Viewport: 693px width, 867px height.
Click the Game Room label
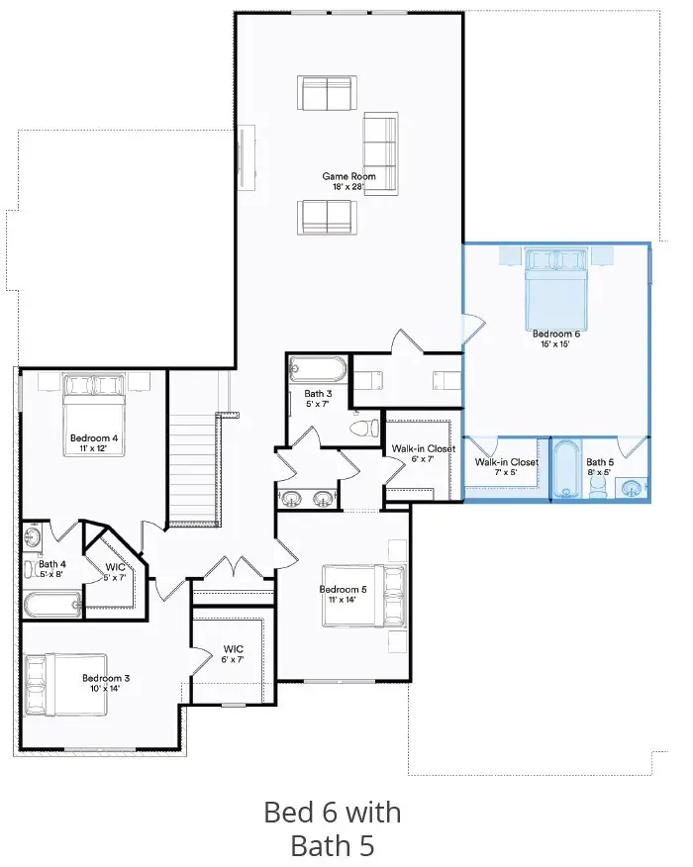click(x=346, y=176)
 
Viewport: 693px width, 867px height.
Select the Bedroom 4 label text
click(x=94, y=437)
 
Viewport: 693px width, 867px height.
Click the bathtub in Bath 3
click(x=318, y=371)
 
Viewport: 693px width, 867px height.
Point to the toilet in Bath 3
click(x=366, y=429)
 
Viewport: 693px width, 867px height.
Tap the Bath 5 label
click(x=599, y=462)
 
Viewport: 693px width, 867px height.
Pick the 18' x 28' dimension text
click(x=346, y=186)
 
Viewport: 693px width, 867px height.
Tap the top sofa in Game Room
click(x=326, y=93)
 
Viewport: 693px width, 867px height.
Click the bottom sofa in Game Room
click(x=326, y=216)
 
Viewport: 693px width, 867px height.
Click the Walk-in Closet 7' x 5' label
click(x=506, y=467)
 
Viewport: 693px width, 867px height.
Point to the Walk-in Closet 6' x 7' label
click(x=423, y=453)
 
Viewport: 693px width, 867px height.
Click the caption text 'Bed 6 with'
click(x=333, y=813)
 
